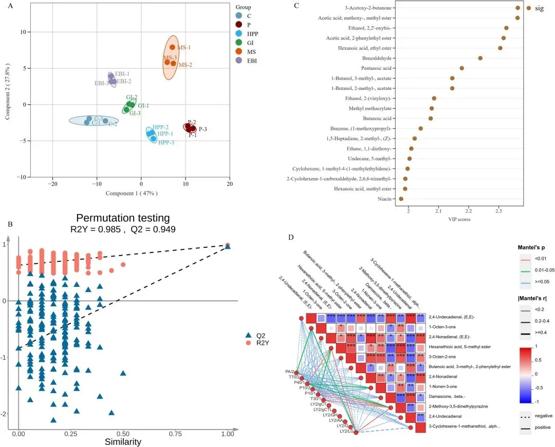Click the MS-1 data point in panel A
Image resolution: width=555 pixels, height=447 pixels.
click(x=172, y=47)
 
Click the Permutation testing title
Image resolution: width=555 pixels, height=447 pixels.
click(x=123, y=218)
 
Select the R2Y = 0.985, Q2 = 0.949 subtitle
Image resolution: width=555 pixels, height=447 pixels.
click(x=123, y=230)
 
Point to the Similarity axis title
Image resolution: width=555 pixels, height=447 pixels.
click(x=123, y=441)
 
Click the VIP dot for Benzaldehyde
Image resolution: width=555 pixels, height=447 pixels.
click(x=480, y=58)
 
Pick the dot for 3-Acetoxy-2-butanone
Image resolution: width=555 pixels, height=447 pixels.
click(x=517, y=8)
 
